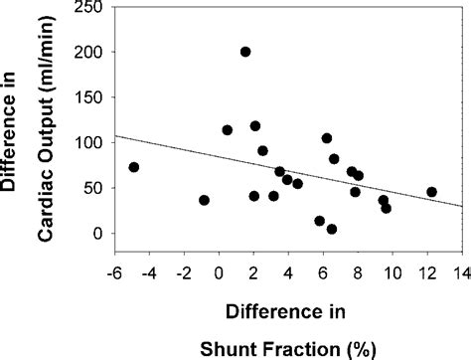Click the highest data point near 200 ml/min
pyautogui.click(x=245, y=52)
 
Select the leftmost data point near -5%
pyautogui.click(x=134, y=167)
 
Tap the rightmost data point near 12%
pyautogui.click(x=431, y=192)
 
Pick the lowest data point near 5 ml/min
pyautogui.click(x=332, y=229)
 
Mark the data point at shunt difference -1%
pyautogui.click(x=204, y=200)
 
